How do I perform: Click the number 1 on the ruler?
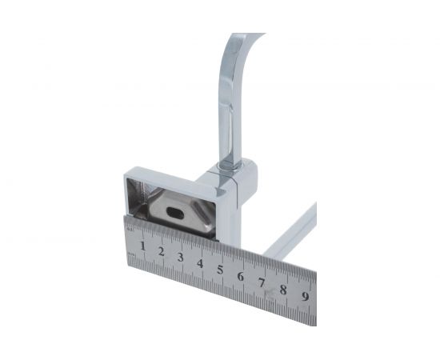[x=143, y=246]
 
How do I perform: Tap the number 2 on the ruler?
[x=161, y=251]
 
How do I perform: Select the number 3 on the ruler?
[x=181, y=258]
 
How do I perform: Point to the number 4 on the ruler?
[x=200, y=263]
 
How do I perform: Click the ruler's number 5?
[x=220, y=270]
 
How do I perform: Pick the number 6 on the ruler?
[x=241, y=276]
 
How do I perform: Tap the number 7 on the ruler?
[x=262, y=282]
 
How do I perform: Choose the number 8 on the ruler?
[x=283, y=290]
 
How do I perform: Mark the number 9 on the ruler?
[x=306, y=296]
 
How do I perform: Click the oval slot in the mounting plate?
[x=175, y=214]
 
